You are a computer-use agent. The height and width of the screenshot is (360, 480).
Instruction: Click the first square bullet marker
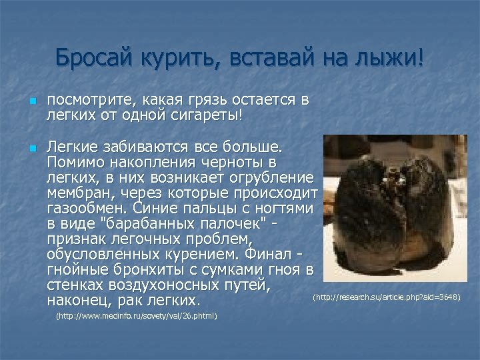31,102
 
